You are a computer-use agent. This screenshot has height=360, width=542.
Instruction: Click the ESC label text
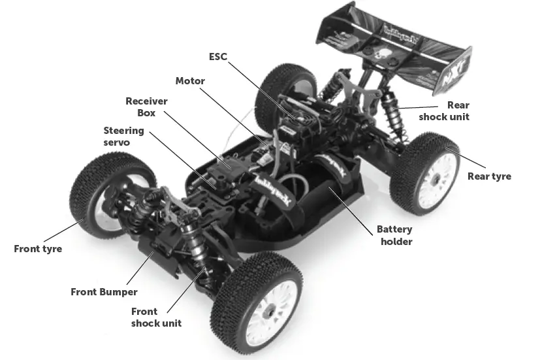(x=217, y=57)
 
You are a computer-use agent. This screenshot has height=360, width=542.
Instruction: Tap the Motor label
(x=190, y=81)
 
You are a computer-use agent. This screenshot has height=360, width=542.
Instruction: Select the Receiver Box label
(x=146, y=106)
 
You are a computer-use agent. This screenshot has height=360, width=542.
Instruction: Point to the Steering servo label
(x=123, y=137)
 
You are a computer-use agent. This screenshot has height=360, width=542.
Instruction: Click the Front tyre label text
(x=38, y=249)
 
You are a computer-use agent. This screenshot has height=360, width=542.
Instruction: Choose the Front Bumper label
(x=104, y=291)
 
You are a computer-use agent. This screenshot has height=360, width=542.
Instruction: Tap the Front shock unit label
(x=156, y=317)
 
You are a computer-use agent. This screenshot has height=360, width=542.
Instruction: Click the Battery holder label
(x=394, y=236)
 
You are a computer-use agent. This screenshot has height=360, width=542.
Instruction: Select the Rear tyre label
(x=489, y=176)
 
